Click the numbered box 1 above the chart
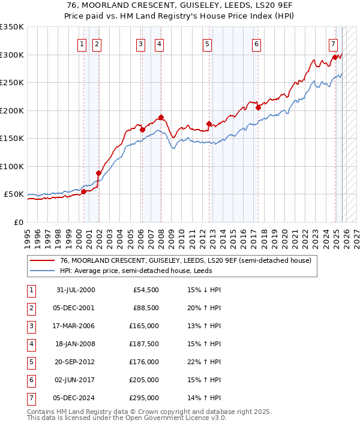[81, 43]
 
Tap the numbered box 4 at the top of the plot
[159, 43]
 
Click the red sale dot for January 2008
[161, 117]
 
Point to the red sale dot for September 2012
[209, 124]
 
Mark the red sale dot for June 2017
[257, 107]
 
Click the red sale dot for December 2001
[98, 172]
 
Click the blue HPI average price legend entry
[157, 271]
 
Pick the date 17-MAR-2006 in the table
[74, 326]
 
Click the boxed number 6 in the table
[31, 380]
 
